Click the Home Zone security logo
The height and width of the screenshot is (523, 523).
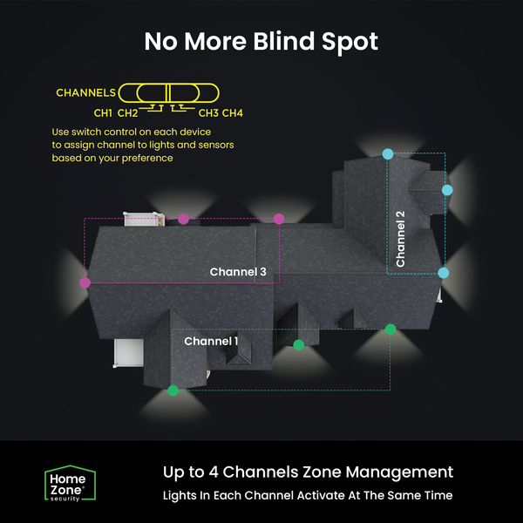coord(70,483)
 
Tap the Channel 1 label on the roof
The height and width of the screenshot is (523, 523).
coord(211,341)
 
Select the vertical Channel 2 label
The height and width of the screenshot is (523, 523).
coord(400,239)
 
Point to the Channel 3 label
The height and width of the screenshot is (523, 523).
coord(238,272)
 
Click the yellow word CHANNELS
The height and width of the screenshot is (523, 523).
coord(85,92)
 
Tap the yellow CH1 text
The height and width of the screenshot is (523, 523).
coord(103,113)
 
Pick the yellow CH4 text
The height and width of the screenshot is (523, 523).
coord(233,113)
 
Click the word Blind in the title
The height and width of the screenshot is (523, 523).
coord(283,41)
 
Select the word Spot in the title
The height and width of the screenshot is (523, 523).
coord(350,43)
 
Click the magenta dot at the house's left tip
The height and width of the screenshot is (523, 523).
coord(85,282)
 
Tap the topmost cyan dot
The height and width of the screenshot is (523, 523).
coord(388,154)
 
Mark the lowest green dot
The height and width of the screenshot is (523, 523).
coord(173,391)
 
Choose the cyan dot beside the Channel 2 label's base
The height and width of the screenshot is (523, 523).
coord(444,273)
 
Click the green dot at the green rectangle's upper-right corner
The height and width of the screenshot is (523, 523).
coord(391,329)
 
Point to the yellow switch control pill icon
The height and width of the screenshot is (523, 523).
coord(169,93)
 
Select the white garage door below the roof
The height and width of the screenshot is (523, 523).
coord(128,353)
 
